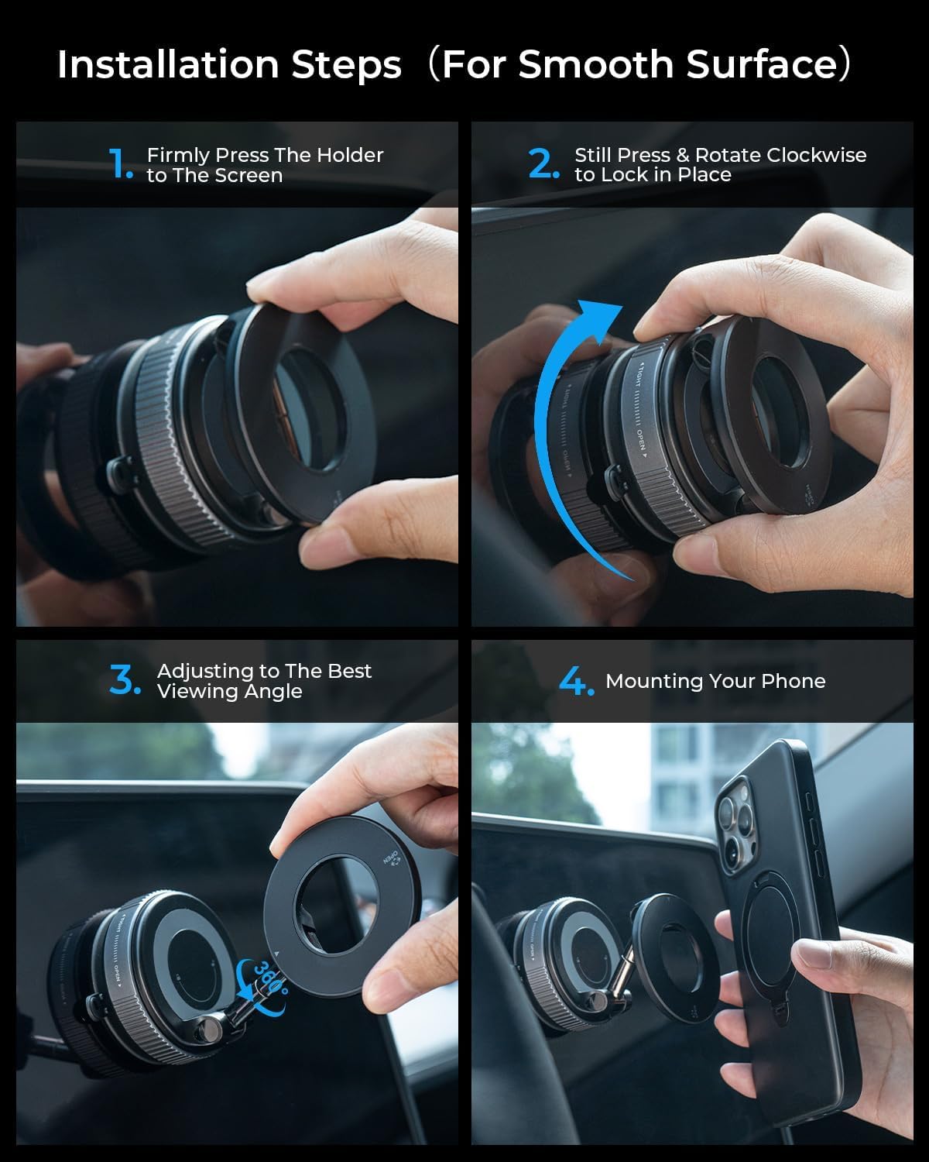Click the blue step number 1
120,164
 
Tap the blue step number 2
543,163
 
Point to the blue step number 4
576,681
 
